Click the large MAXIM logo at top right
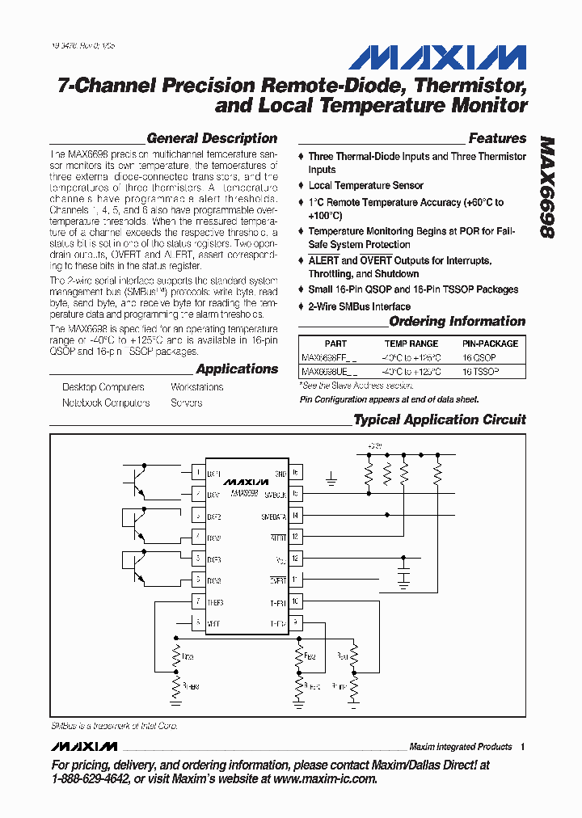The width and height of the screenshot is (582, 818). (x=437, y=57)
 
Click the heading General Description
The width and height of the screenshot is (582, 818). (x=212, y=138)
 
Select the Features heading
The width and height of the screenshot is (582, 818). (x=497, y=138)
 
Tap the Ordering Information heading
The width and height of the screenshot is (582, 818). (x=457, y=322)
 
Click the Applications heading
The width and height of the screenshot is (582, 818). (x=237, y=369)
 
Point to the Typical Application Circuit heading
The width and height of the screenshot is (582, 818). (x=440, y=420)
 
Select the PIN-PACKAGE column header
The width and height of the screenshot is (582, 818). (x=491, y=344)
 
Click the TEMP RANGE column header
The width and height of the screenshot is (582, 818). (x=411, y=344)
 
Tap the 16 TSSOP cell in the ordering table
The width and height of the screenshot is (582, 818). (x=480, y=372)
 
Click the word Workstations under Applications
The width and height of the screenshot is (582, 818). (x=197, y=387)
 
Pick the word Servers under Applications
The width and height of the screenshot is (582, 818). (x=187, y=403)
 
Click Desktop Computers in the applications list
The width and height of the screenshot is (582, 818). (x=103, y=387)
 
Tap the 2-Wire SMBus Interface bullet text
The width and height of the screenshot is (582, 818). (x=359, y=306)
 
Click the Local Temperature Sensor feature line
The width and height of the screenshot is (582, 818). (x=365, y=186)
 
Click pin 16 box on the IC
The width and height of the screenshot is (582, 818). (x=296, y=473)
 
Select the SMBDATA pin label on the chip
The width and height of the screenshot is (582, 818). (x=273, y=515)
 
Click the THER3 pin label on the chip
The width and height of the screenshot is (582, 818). (x=215, y=601)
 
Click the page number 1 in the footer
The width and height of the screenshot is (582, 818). (x=523, y=747)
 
